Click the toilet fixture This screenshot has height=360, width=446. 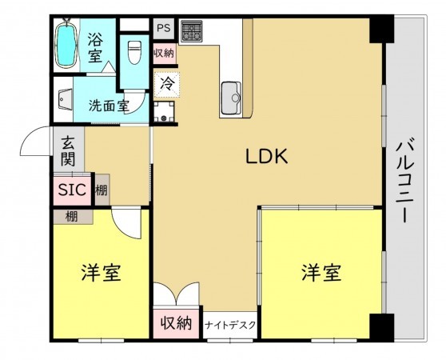[x=133, y=52]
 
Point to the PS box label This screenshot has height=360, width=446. [x=164, y=27]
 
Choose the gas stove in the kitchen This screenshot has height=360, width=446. [x=191, y=32]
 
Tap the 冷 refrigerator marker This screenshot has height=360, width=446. [x=165, y=81]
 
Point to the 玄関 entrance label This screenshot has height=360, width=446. [x=69, y=150]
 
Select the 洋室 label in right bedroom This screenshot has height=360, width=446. [x=321, y=273]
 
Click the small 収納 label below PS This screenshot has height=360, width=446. [x=164, y=53]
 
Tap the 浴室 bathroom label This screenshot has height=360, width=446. [x=95, y=46]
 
